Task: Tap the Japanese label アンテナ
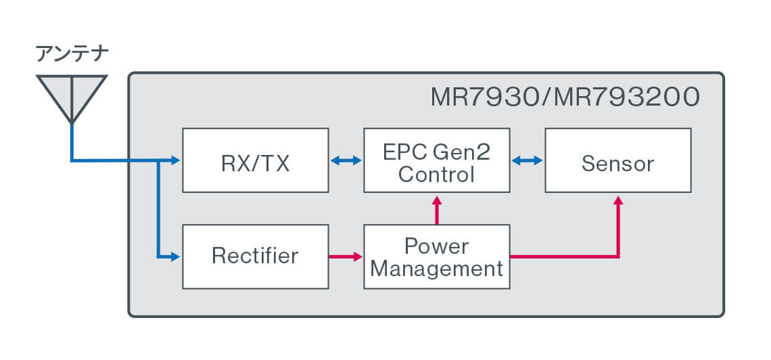click(x=72, y=54)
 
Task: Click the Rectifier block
click(x=256, y=256)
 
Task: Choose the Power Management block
click(x=436, y=256)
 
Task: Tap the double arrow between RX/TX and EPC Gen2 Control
click(x=346, y=160)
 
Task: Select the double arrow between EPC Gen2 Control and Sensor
click(x=527, y=160)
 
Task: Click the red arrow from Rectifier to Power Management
click(x=346, y=256)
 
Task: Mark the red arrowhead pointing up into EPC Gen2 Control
click(x=437, y=201)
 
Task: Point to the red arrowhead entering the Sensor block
click(x=617, y=201)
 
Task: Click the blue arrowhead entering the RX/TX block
click(x=176, y=160)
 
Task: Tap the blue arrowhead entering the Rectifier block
click(x=176, y=256)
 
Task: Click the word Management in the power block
click(x=437, y=269)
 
